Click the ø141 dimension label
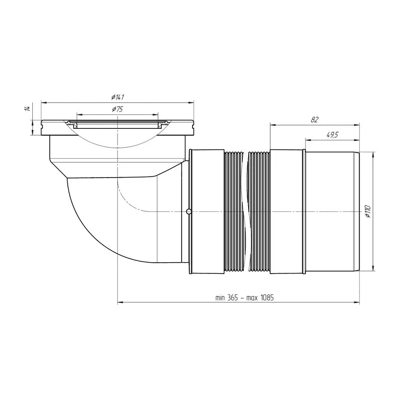click(117, 97)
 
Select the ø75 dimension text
click(117, 109)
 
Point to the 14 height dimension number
click(27, 108)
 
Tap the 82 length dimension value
click(313, 119)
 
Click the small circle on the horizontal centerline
click(189, 212)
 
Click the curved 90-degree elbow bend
click(90, 219)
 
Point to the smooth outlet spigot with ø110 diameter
click(331, 211)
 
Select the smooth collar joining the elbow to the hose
click(206, 211)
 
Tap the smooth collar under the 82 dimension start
click(286, 211)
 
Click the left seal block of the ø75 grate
click(75, 125)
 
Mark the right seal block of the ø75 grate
click(160, 125)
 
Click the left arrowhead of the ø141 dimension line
click(43, 103)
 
